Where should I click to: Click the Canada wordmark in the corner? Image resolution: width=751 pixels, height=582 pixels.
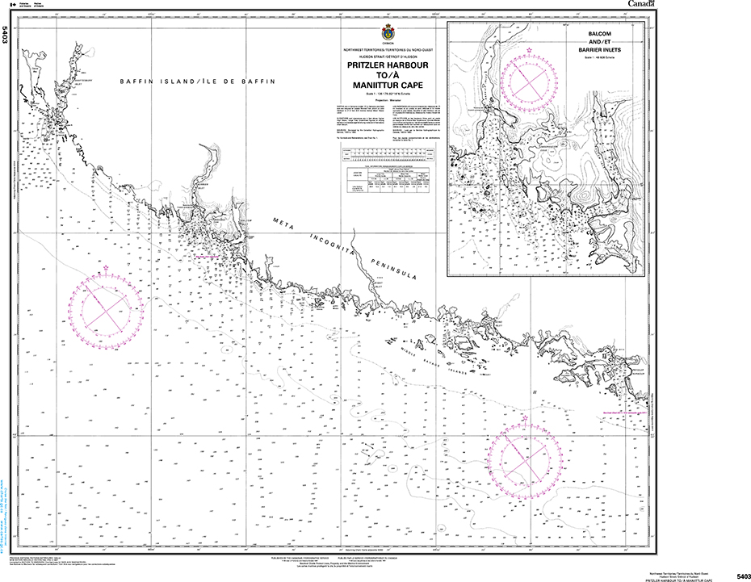[642, 5]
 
